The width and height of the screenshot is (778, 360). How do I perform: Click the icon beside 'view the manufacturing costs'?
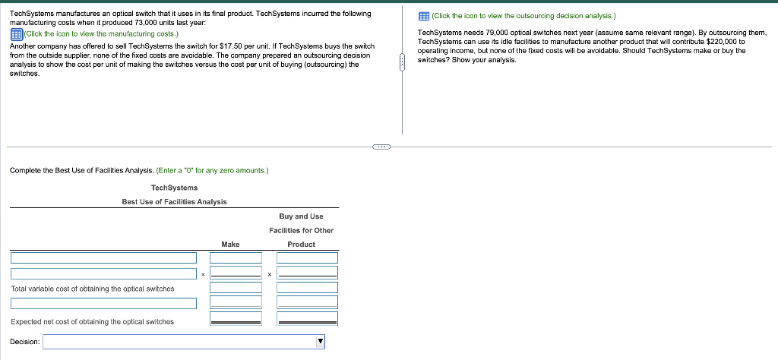tap(15, 34)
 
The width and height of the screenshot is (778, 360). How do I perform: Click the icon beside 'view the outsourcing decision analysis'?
tap(424, 15)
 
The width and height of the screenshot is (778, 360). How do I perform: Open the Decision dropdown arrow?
tap(321, 342)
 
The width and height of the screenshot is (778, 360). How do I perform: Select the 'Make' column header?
tap(230, 244)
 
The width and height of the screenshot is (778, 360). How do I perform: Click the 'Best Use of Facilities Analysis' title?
tap(174, 201)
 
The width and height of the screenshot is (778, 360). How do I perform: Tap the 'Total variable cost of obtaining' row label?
tap(92, 289)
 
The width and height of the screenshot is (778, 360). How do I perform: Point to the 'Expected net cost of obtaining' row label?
tap(92, 322)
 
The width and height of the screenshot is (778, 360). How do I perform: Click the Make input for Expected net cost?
tap(236, 319)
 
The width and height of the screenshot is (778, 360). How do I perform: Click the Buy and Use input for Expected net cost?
tap(307, 319)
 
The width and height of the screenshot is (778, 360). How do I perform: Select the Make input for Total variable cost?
tap(236, 287)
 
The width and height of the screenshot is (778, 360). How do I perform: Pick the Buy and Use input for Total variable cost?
tap(307, 287)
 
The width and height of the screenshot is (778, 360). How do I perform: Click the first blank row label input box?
tap(103, 257)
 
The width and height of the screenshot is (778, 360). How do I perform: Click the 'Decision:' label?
tap(25, 342)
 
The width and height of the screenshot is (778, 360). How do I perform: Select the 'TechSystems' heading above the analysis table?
tap(174, 188)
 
